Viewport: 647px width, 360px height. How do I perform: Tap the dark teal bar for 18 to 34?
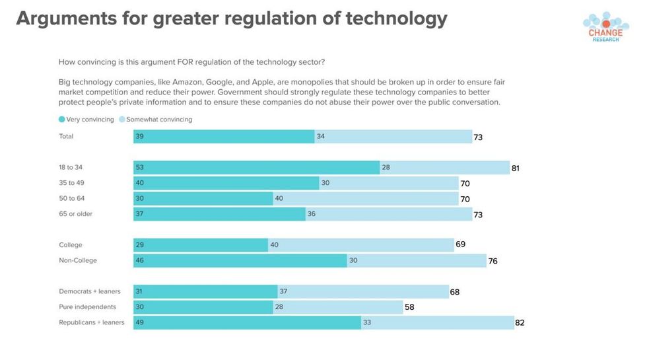tap(256, 168)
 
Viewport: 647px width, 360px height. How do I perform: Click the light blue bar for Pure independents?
tap(337, 307)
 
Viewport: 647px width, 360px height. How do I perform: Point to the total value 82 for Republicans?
tap(520, 323)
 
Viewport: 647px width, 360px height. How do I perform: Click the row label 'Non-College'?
tap(78, 260)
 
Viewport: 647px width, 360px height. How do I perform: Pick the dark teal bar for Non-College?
tap(240, 260)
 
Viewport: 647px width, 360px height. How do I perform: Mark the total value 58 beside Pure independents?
tap(409, 307)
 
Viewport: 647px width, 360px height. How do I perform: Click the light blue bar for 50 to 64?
tap(366, 199)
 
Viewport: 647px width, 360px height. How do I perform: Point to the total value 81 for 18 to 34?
tap(516, 168)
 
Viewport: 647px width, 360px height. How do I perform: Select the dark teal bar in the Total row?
tap(224, 137)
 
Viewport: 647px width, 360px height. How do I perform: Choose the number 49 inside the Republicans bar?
tap(139, 322)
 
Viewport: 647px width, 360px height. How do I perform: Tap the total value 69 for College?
tap(460, 244)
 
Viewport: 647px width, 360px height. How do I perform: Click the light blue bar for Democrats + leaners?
tap(363, 291)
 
